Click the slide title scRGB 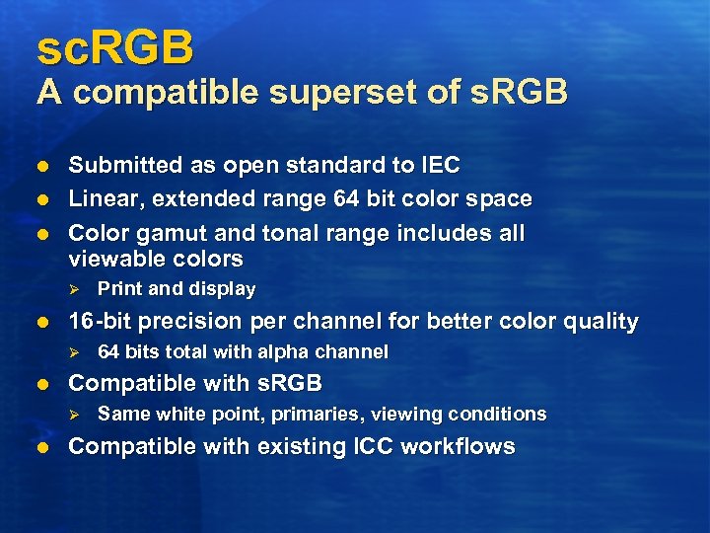[x=115, y=47]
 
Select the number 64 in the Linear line [x=344, y=199]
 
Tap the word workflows [x=464, y=446]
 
